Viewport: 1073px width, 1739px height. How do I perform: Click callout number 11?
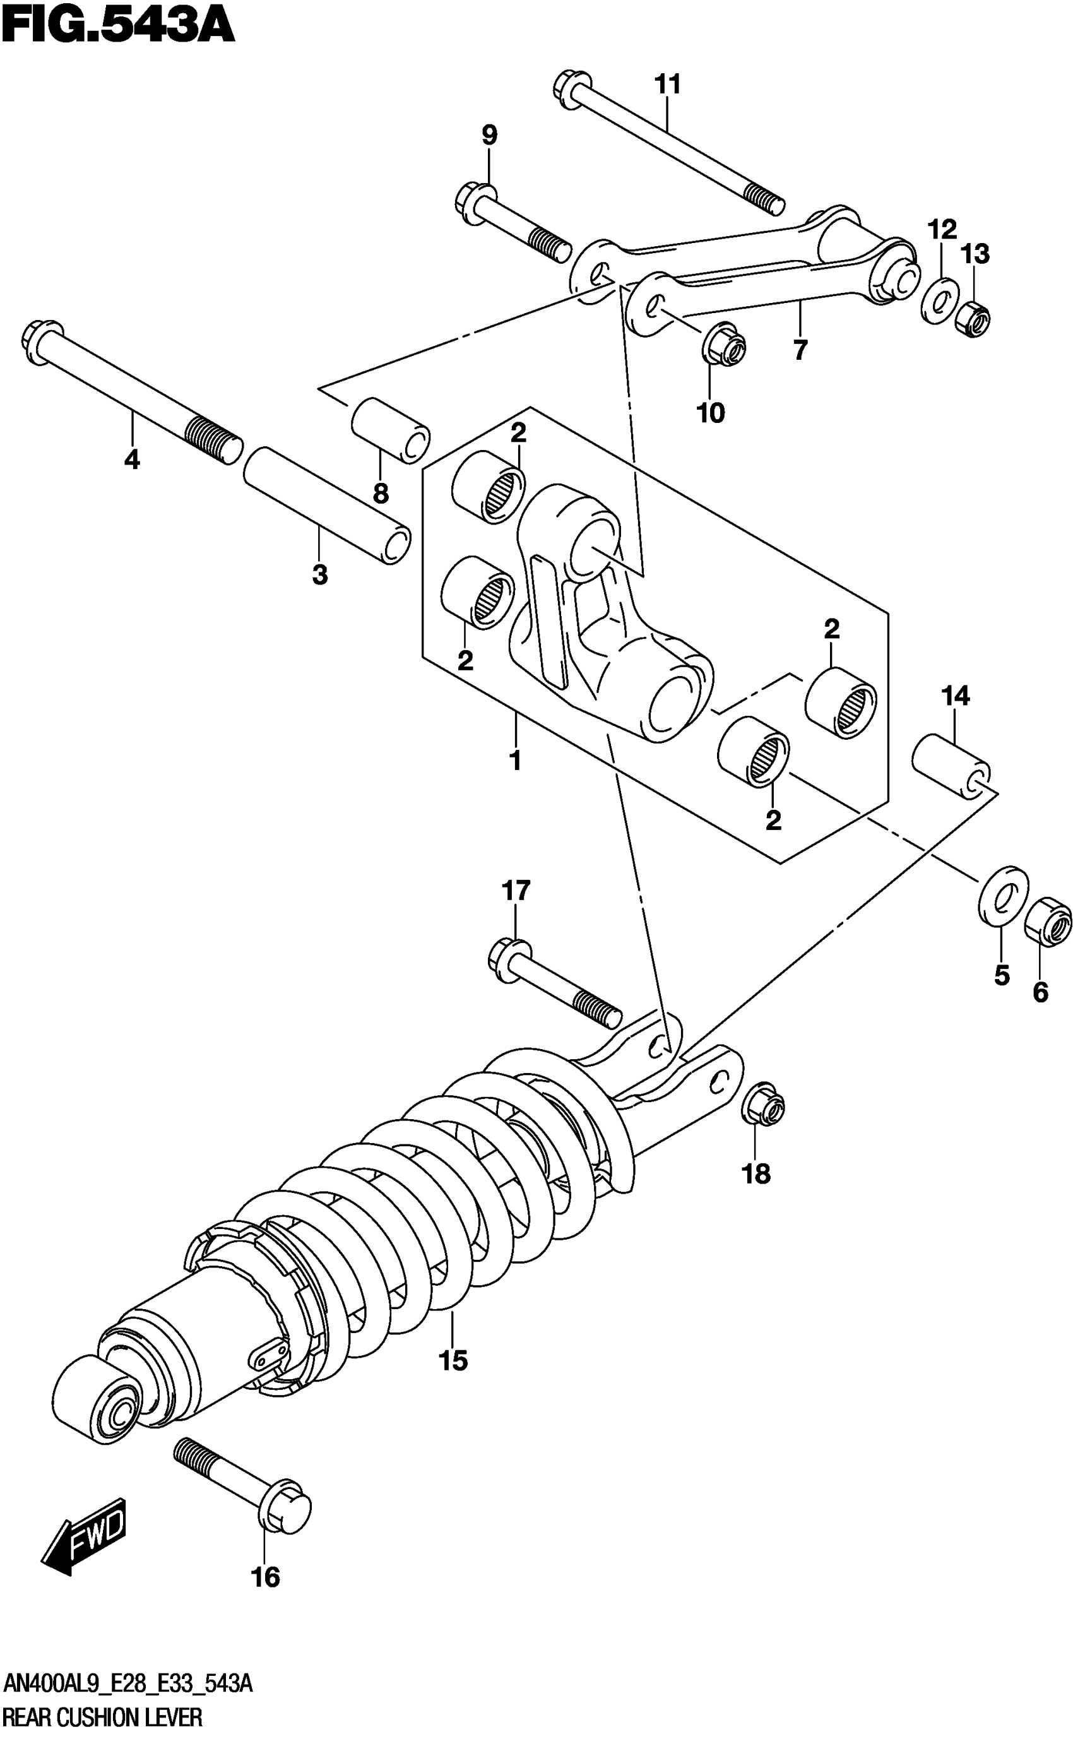[x=667, y=85]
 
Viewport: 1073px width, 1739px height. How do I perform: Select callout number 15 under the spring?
[x=453, y=1361]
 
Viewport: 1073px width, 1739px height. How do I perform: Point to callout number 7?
[x=800, y=350]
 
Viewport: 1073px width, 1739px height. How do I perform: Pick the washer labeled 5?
[x=1004, y=897]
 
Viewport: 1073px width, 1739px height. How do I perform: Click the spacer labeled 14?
[x=951, y=768]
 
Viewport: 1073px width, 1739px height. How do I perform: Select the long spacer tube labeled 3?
[x=326, y=504]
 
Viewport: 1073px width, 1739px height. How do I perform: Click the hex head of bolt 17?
[x=510, y=960]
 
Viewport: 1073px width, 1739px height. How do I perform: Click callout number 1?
[x=516, y=761]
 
